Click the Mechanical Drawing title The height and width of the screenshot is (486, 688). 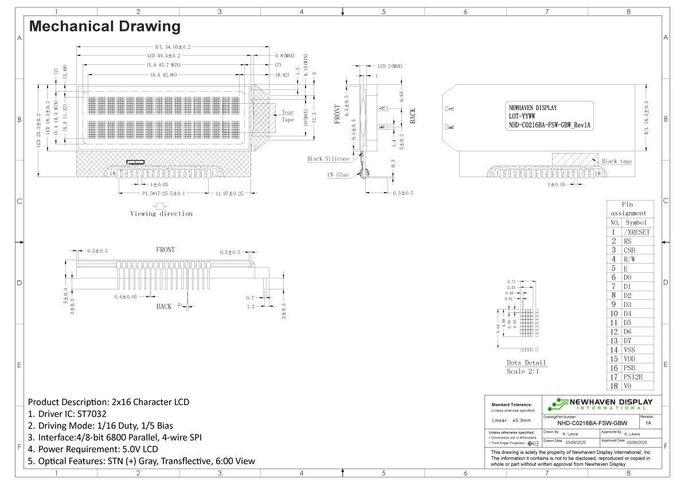click(x=105, y=26)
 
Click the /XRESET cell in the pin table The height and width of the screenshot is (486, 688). click(x=636, y=232)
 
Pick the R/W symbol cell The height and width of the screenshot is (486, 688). click(x=629, y=259)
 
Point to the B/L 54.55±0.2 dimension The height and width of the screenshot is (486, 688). click(x=173, y=46)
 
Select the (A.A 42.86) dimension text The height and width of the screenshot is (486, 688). click(x=163, y=75)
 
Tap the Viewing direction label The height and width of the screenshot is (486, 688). click(x=162, y=214)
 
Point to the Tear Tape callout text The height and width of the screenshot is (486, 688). click(x=287, y=116)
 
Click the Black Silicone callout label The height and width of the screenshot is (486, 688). click(x=327, y=159)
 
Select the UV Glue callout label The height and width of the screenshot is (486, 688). click(x=338, y=174)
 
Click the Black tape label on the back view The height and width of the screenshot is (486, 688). click(x=616, y=161)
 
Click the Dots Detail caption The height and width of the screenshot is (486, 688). click(x=526, y=363)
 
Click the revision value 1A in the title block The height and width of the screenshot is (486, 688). click(x=648, y=423)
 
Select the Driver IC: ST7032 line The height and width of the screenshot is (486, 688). click(x=68, y=414)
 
